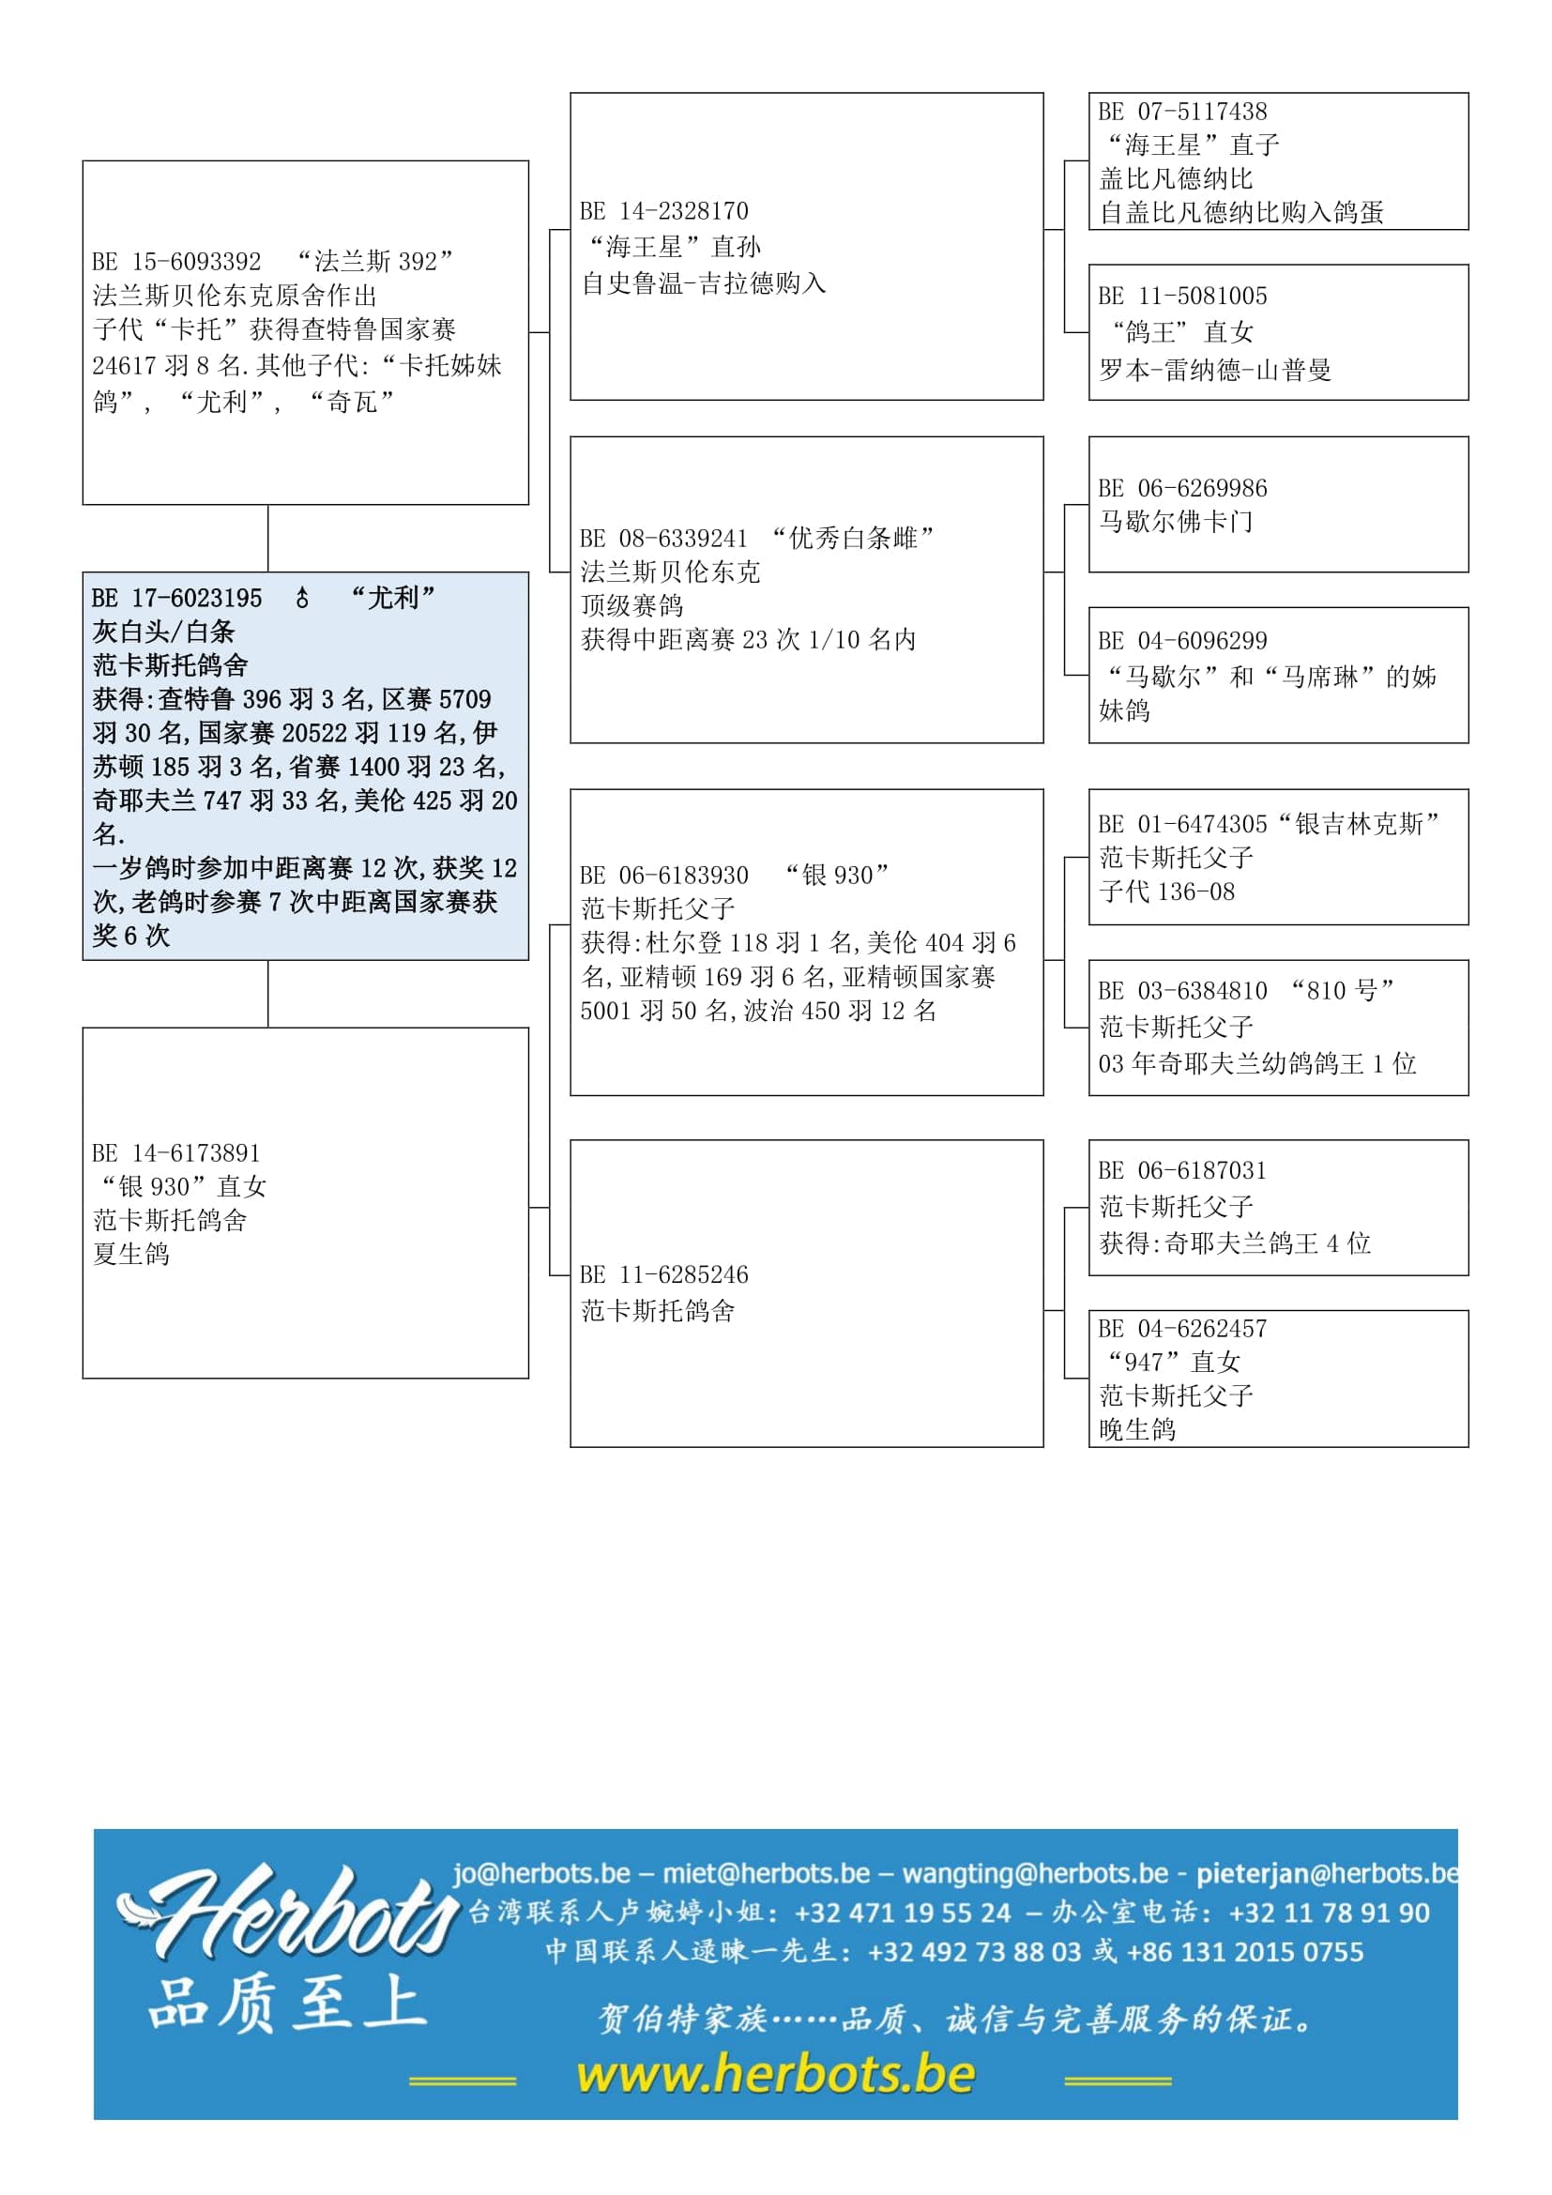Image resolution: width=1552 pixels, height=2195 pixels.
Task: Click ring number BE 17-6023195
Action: click(x=175, y=599)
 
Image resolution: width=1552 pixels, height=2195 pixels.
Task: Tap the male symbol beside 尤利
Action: click(x=302, y=599)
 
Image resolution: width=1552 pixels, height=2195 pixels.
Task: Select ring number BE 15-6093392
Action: click(x=175, y=262)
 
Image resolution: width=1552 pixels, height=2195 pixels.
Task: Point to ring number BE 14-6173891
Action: click(x=175, y=1153)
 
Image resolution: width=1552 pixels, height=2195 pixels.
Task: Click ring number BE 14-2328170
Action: click(x=663, y=211)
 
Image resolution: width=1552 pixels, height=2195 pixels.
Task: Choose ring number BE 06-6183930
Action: click(x=663, y=876)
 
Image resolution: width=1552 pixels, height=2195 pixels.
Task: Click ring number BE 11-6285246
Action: click(x=663, y=1275)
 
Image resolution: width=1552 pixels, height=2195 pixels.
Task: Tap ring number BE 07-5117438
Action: click(x=1182, y=112)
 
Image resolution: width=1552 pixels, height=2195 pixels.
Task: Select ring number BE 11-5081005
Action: click(x=1182, y=297)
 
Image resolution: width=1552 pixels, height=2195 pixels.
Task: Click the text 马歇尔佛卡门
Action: click(x=1176, y=522)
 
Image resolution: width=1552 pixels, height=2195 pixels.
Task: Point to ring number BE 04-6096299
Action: click(x=1182, y=641)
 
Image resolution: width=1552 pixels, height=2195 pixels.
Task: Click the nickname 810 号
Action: click(x=1342, y=990)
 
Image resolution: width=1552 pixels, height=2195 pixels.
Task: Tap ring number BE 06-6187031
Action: click(x=1182, y=1171)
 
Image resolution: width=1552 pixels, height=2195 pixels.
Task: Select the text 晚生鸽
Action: click(x=1137, y=1430)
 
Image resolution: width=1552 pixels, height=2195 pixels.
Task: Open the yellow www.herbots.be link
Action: click(x=775, y=2075)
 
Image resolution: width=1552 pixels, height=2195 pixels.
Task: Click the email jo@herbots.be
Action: click(x=540, y=1873)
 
